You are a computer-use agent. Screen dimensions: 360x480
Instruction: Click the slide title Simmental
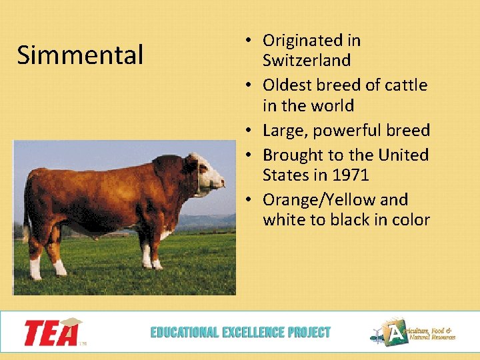pos(80,55)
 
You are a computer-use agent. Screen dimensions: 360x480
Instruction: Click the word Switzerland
pos(306,61)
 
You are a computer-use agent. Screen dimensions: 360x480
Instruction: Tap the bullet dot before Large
pos(247,131)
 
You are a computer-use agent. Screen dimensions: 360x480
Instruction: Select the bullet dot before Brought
pos(247,155)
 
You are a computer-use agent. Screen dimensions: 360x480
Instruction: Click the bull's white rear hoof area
pos(35,268)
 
